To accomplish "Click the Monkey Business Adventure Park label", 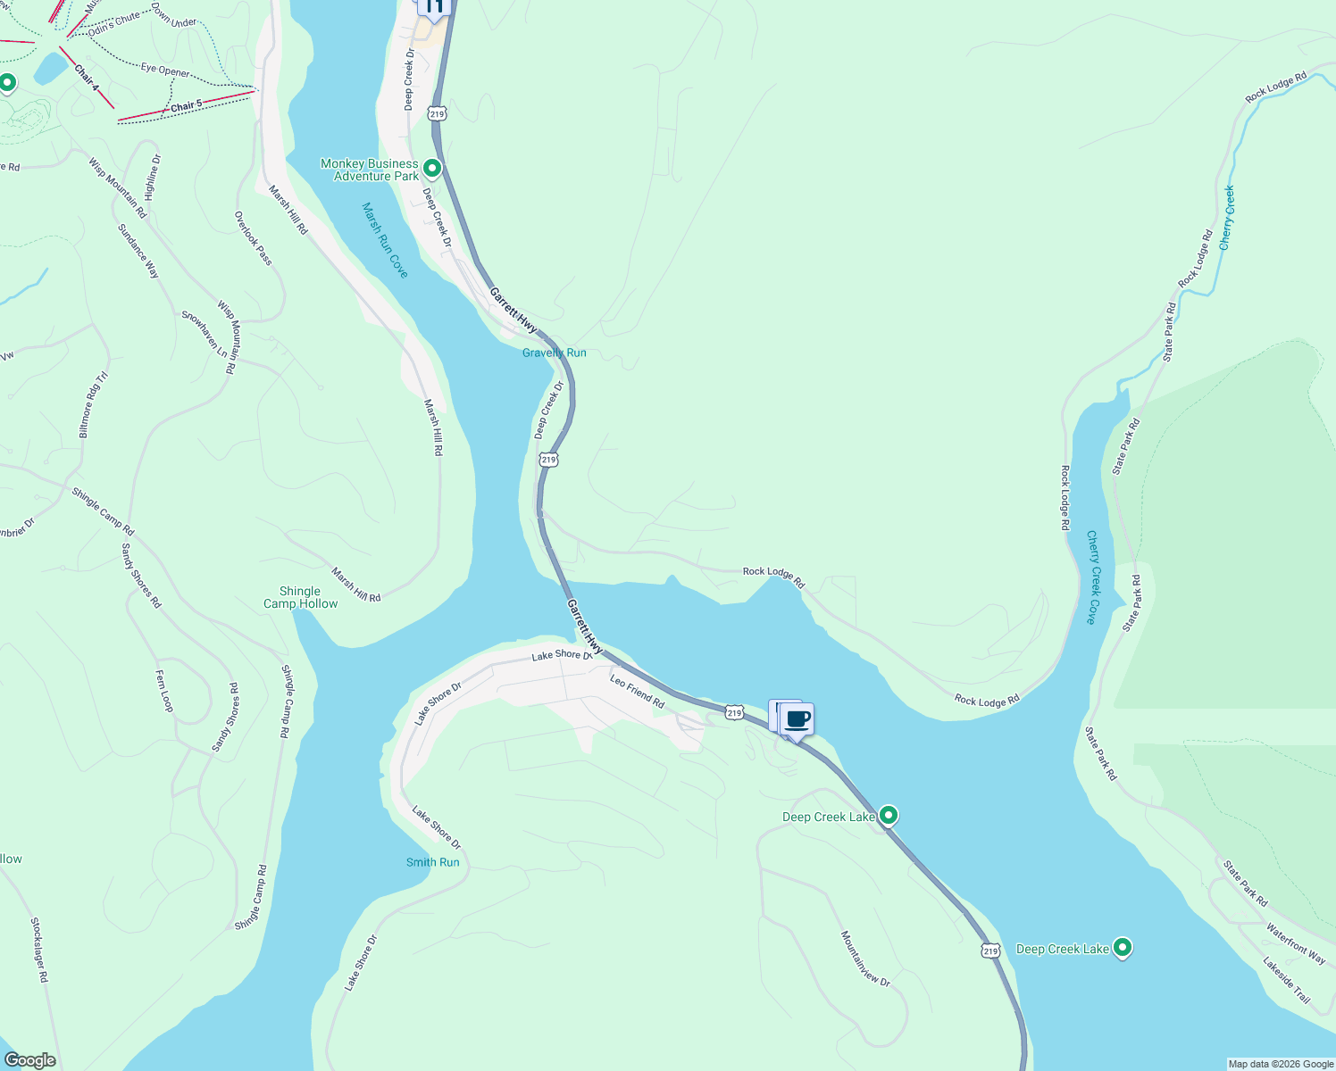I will click(x=369, y=170).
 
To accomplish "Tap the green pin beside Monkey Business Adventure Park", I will click(x=432, y=168).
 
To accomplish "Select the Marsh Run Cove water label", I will click(x=385, y=239).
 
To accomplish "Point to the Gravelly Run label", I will click(x=554, y=353).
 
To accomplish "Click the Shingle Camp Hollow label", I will click(x=300, y=597).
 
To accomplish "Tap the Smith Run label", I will click(x=432, y=862).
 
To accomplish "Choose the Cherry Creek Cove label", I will click(x=1094, y=577).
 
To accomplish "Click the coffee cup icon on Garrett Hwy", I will click(x=797, y=719).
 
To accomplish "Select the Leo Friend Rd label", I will click(x=638, y=692).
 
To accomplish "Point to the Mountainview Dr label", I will click(x=864, y=959).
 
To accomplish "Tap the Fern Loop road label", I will click(x=165, y=691).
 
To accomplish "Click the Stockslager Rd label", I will click(x=39, y=950).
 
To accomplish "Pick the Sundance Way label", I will click(x=138, y=251).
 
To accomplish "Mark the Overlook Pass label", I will click(x=254, y=237).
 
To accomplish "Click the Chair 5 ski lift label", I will click(x=186, y=106).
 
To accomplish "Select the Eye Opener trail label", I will click(x=165, y=70).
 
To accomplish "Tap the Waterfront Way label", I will click(x=1295, y=942).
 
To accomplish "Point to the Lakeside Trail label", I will click(x=1286, y=980).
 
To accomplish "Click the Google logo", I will click(x=29, y=1060).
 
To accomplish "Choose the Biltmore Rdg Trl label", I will click(x=92, y=405).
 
